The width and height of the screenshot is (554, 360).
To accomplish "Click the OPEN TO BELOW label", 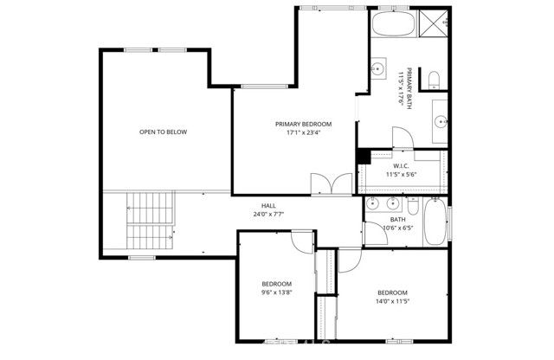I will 163,132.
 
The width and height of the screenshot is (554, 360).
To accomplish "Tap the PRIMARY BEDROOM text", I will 303,124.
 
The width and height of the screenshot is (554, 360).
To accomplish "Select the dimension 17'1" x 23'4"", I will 303,133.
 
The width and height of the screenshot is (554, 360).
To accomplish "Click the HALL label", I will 269,205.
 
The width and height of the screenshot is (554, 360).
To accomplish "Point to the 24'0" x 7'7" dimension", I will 269,214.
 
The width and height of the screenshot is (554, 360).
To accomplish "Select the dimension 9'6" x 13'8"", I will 277,293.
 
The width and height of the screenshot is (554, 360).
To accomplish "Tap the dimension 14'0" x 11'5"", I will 391,302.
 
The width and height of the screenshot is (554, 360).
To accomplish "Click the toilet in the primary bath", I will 434,80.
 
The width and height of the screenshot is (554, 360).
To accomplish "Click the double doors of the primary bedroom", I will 330,184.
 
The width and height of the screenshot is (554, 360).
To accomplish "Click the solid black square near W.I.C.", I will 364,156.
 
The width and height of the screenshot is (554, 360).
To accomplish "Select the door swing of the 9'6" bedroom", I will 300,241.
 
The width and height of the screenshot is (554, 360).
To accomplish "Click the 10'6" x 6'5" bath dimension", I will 398,228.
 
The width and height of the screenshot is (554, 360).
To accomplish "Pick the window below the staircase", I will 140,258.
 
